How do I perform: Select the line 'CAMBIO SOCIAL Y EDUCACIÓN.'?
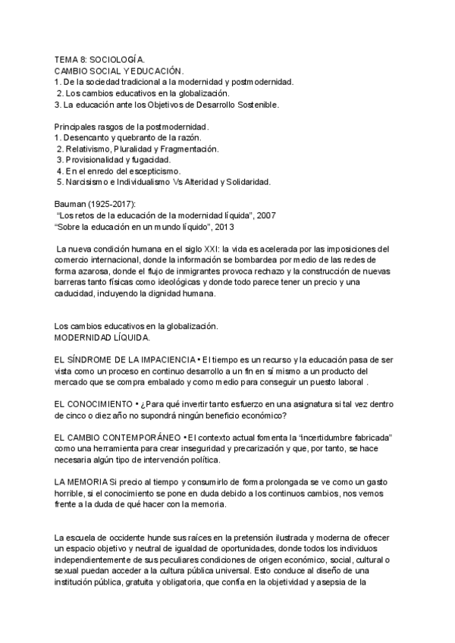114,70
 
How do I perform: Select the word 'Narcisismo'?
87,182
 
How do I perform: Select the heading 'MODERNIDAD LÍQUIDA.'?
102,337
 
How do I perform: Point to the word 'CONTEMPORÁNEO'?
143,438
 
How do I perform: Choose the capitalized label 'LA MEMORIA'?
81,483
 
